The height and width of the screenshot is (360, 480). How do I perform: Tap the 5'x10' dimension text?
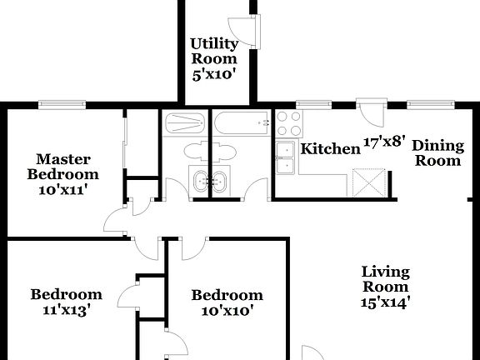(214, 73)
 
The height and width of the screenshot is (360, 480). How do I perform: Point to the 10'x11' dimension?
(62, 189)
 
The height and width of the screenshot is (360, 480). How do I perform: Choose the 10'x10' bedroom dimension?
(227, 310)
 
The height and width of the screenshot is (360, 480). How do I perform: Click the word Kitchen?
(329, 149)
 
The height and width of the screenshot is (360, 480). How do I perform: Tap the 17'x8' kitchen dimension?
(384, 142)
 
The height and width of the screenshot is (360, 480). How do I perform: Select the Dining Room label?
(437, 152)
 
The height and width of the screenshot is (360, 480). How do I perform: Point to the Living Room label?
(386, 279)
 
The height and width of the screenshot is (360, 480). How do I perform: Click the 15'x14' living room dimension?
(386, 302)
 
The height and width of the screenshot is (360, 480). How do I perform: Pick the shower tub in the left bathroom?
(185, 125)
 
